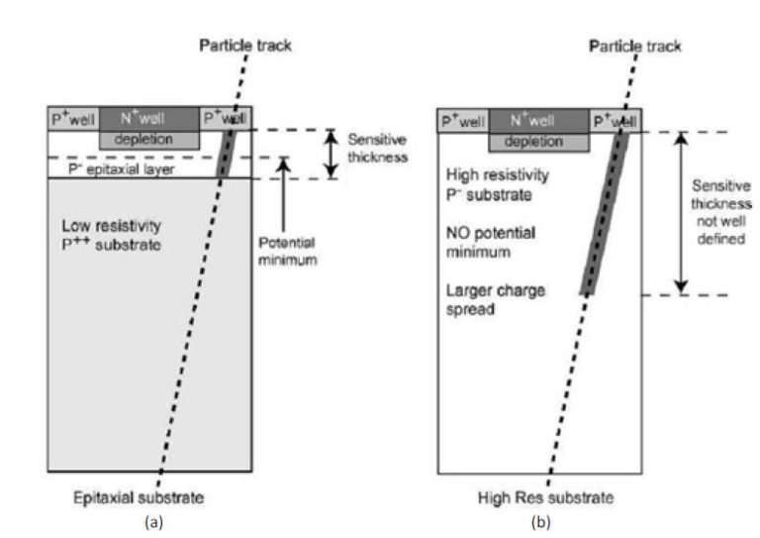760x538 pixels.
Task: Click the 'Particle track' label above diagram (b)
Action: click(636, 47)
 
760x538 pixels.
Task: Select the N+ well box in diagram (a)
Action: click(149, 119)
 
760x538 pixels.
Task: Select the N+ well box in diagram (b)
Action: click(539, 121)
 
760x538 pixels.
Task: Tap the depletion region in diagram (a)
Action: click(149, 140)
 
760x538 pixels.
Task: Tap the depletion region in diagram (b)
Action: click(539, 142)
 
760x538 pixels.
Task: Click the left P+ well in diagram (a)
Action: click(72, 119)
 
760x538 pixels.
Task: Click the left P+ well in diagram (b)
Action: click(462, 121)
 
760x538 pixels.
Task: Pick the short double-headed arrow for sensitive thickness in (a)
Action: click(331, 154)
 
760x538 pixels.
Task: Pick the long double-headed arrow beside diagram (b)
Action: click(680, 213)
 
